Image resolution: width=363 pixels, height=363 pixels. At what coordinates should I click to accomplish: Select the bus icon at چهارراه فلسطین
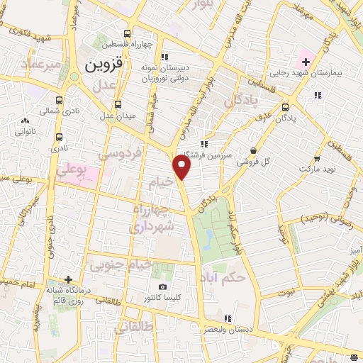(x=127, y=33)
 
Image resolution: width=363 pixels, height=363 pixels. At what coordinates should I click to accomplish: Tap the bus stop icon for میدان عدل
(x=118, y=104)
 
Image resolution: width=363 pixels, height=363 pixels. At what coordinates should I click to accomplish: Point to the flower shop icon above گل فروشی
(x=254, y=150)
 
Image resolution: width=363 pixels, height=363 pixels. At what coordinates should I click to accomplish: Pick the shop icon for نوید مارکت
(x=317, y=160)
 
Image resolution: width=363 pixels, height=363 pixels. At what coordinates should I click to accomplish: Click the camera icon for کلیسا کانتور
(x=163, y=287)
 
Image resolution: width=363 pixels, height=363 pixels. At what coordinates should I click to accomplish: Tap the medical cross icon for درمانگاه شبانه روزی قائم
(x=68, y=279)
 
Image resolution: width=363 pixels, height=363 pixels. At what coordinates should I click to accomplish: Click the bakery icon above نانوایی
(x=26, y=121)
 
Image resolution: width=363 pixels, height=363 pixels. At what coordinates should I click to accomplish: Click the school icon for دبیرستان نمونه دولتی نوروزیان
(x=164, y=57)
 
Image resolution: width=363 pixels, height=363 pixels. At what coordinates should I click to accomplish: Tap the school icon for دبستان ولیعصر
(x=226, y=318)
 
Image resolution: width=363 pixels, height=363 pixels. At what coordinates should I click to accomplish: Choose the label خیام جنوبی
(x=121, y=265)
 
